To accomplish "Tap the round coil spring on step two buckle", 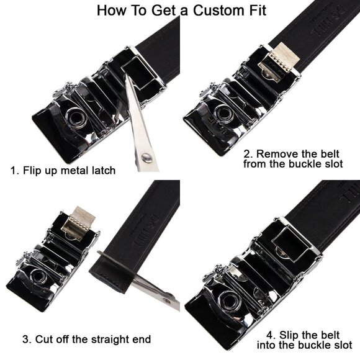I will tap(223, 112).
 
